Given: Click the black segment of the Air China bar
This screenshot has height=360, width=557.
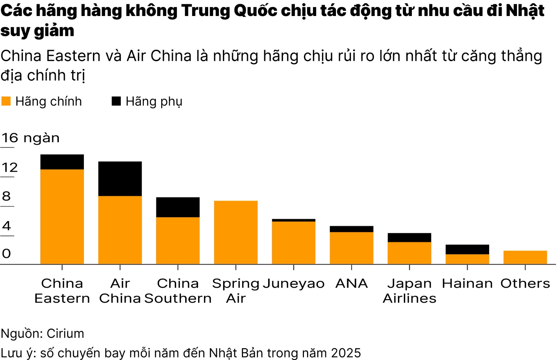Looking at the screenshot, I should point(120,178).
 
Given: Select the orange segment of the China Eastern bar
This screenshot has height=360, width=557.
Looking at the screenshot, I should point(62,216).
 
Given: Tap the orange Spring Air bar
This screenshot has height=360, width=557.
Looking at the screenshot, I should point(236,232).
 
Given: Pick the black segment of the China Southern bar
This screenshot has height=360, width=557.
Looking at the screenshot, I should point(178,207).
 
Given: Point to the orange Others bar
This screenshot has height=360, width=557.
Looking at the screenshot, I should point(525,257).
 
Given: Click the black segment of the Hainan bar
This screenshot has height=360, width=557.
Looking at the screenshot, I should point(467,249).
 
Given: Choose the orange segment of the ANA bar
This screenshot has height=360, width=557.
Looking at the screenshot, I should point(351,248).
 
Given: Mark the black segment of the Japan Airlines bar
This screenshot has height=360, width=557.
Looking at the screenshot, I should point(409,237).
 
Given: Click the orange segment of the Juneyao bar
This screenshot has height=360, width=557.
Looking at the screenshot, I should point(293,242).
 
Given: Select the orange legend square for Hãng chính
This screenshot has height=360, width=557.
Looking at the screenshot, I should point(6,101).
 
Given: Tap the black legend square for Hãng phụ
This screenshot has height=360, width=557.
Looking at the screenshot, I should point(116,101).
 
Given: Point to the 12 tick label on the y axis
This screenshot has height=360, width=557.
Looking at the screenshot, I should point(9,167).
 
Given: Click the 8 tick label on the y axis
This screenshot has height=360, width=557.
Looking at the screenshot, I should point(6,196).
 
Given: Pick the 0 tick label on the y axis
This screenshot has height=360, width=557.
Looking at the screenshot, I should point(6,253).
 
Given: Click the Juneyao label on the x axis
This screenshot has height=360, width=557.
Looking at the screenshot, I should point(293,283).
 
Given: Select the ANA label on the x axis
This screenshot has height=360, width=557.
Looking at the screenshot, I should point(351,283).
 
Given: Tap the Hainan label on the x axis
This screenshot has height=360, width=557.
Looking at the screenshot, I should point(467,283).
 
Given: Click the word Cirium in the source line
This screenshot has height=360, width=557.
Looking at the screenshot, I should point(65,333).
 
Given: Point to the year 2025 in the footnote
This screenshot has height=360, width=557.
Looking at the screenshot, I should point(346,353).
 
